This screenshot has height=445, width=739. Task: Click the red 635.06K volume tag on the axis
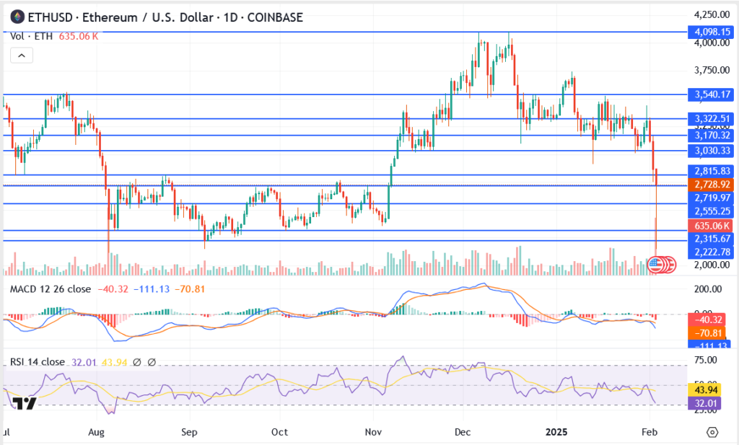[x=708, y=225]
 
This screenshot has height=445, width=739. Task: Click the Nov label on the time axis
[x=373, y=432]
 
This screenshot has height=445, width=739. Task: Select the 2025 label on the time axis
[x=557, y=432]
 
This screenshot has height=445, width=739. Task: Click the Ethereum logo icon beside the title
[x=16, y=17]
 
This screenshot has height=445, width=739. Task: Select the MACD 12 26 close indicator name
[x=50, y=289]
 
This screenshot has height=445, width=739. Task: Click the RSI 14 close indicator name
[x=38, y=362]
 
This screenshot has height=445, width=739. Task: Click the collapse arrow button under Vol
[x=22, y=55]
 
